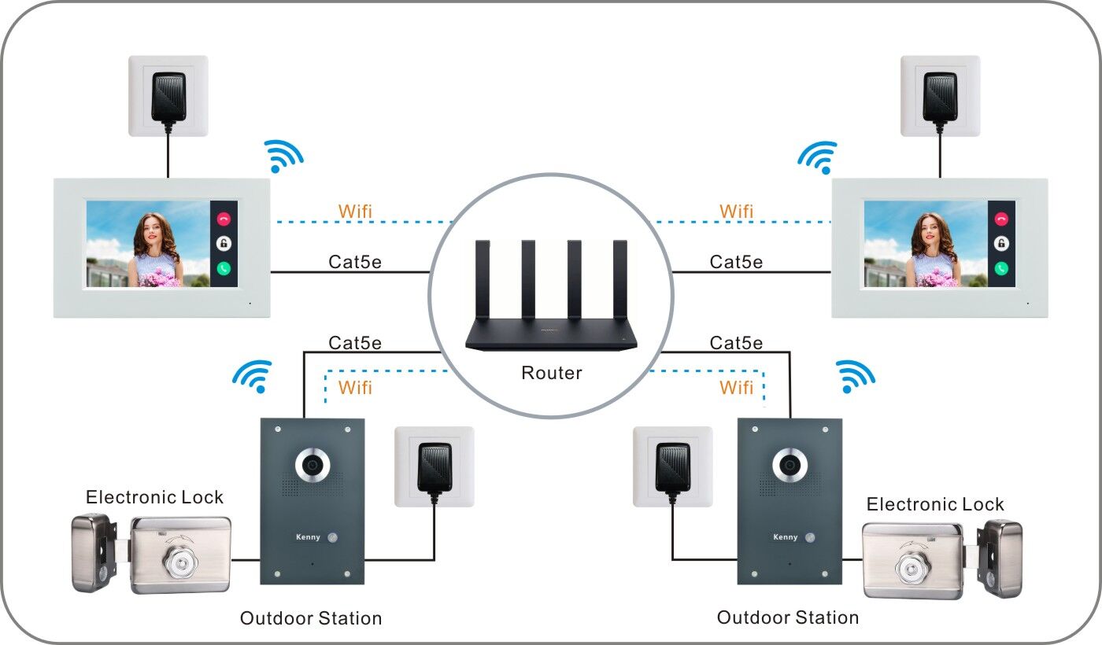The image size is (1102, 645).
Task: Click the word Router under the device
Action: [x=551, y=373]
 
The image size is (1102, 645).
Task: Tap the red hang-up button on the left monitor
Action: [x=224, y=220]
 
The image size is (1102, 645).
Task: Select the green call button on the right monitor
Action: [x=1000, y=268]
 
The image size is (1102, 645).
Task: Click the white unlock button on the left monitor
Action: [x=224, y=244]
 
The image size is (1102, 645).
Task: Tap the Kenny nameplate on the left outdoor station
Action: [x=309, y=538]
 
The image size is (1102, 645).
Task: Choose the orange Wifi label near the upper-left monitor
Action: [x=355, y=212]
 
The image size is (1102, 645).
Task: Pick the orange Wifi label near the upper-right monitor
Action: [x=736, y=212]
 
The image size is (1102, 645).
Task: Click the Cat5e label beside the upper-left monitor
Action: [x=355, y=262]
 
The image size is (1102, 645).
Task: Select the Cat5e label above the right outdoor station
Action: [x=736, y=343]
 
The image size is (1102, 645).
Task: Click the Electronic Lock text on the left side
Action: [x=154, y=497]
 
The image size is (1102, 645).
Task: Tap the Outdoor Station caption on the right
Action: [x=787, y=617]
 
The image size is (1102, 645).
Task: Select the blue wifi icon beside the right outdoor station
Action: [x=854, y=377]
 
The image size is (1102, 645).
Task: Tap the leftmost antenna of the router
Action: [x=482, y=284]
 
